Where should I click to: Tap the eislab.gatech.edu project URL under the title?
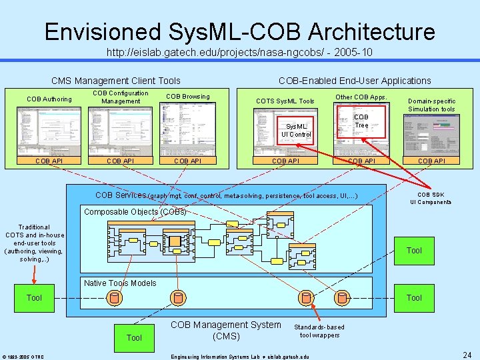pos(239,51)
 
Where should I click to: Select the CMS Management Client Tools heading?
pos(116,81)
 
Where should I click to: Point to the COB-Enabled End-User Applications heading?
pos(355,81)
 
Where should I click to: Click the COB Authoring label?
pos(49,99)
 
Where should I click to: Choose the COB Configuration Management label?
pos(121,97)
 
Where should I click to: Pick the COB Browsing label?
pos(187,97)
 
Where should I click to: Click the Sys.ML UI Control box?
pos(296,130)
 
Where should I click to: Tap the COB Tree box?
pos(361,121)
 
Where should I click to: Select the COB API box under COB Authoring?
pos(49,161)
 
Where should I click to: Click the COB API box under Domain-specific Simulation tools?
pos(431,161)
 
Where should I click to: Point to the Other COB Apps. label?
pos(361,97)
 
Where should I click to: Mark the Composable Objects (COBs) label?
pos(135,212)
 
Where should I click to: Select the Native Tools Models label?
pos(120,283)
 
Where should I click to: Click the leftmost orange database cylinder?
pos(115,297)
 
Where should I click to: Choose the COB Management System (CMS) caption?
pos(226,330)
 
